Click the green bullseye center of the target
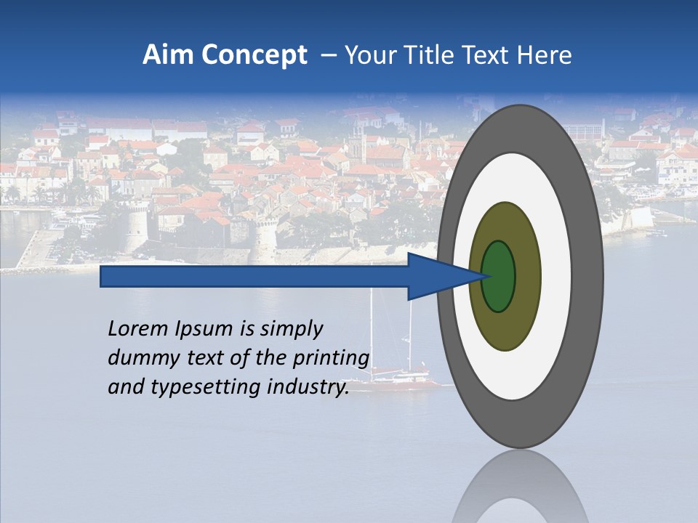tap(499, 277)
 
